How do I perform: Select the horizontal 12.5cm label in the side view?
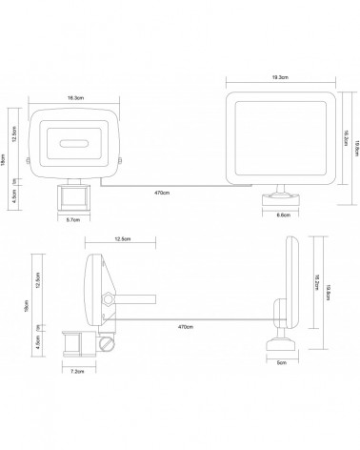(x=122, y=239)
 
